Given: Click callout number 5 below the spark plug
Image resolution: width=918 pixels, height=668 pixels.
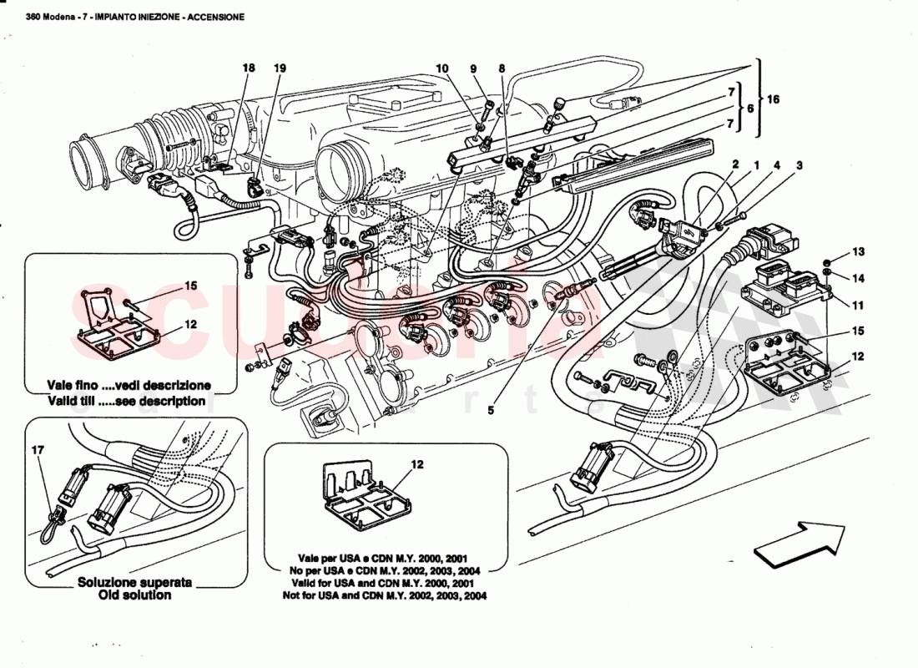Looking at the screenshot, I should pyautogui.click(x=492, y=411).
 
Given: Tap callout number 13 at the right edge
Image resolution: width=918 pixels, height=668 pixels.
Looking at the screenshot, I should pyautogui.click(x=859, y=250).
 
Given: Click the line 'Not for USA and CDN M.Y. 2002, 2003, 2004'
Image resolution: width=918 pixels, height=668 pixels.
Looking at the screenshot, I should pyautogui.click(x=385, y=596).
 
